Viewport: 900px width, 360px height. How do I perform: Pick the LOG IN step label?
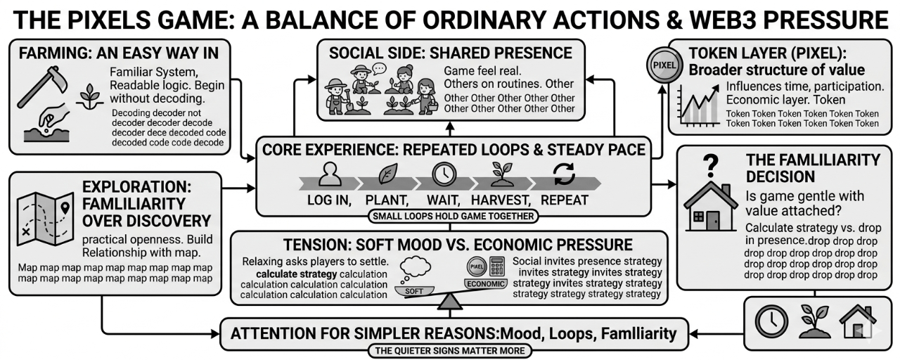coord(329,200)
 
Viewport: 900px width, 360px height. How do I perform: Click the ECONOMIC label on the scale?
coord(485,284)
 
